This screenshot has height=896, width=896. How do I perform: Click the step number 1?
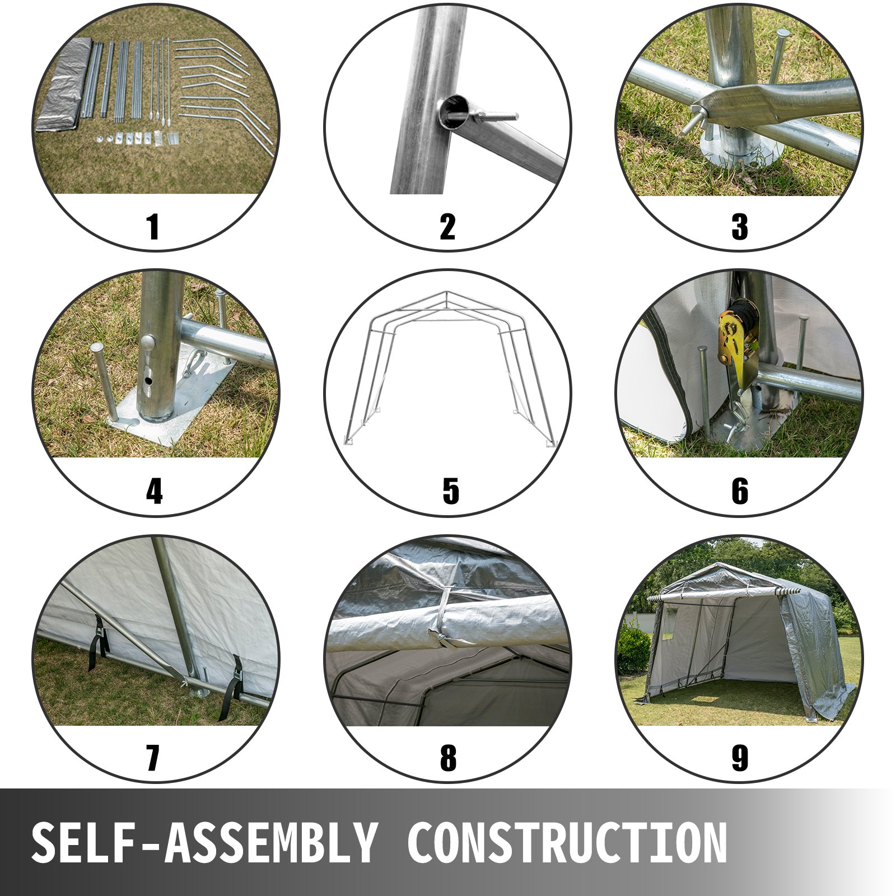(153, 227)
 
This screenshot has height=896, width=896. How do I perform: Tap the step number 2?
(447, 227)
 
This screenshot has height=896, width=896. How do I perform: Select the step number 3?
(740, 227)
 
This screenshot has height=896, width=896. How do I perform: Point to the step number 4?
(154, 492)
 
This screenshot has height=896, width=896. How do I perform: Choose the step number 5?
(450, 492)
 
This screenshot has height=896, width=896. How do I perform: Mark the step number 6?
(740, 492)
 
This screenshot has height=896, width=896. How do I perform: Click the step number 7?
(152, 758)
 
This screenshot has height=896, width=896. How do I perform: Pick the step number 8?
(448, 758)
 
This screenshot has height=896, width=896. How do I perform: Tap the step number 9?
(740, 758)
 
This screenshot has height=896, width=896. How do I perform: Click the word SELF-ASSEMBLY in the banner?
(204, 843)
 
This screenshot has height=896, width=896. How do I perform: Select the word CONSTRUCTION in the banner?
(567, 843)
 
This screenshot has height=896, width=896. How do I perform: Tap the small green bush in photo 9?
(633, 650)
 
